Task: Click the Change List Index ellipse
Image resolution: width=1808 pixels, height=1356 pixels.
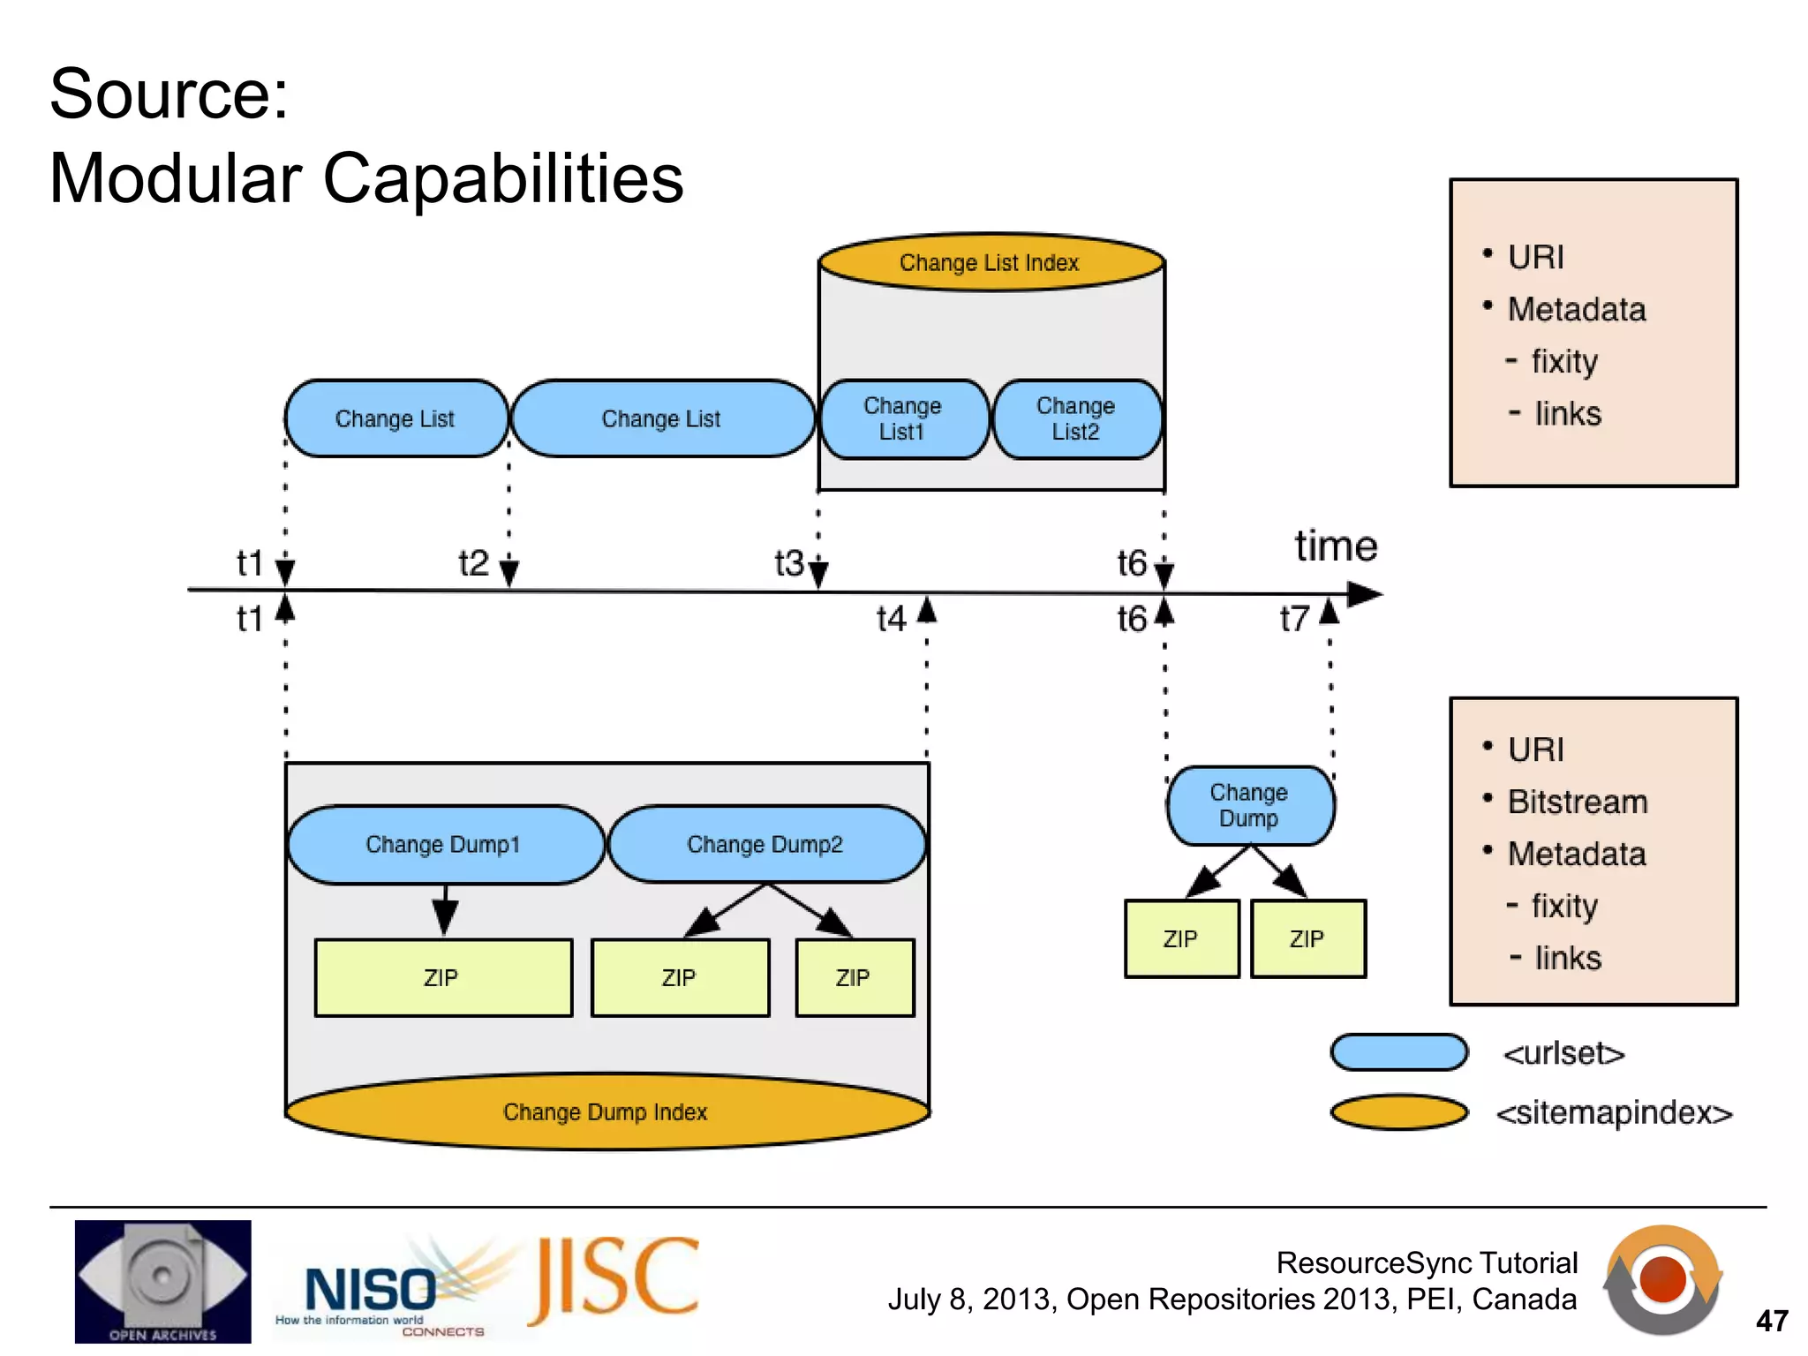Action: point(991,262)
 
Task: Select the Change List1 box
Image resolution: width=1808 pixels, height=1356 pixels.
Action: point(902,418)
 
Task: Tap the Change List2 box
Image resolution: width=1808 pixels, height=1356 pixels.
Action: point(1076,418)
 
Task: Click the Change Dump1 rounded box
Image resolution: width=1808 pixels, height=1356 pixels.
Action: point(444,845)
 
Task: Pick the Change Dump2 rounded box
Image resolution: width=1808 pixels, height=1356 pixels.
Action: point(765,845)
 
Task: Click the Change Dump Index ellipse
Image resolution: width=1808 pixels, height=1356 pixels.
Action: point(606,1111)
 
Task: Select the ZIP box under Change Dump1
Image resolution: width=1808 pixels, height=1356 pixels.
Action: point(442,977)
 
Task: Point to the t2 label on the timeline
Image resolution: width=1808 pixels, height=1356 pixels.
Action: point(474,563)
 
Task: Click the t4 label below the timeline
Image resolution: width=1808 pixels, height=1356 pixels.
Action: point(892,619)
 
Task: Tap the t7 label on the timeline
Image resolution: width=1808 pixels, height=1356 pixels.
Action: point(1295,619)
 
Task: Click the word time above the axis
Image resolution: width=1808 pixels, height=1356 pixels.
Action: point(1336,546)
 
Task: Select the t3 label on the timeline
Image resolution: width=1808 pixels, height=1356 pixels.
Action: point(789,563)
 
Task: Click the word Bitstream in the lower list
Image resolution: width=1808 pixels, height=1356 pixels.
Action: point(1578,802)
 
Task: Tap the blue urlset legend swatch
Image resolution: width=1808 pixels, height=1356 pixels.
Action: point(1398,1052)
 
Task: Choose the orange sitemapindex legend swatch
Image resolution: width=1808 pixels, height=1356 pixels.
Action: point(1398,1112)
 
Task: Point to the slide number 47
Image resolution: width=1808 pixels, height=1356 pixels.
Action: point(1772,1321)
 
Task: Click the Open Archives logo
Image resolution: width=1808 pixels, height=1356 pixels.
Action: point(162,1281)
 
